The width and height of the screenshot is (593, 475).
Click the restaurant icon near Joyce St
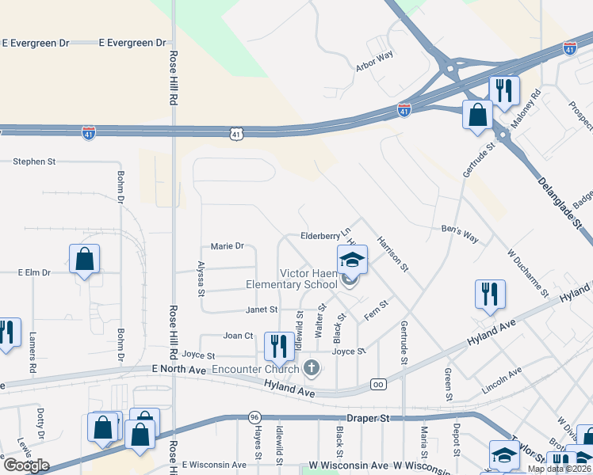[277, 346]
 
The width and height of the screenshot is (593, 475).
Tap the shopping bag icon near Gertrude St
[478, 115]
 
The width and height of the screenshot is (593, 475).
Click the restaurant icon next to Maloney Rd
[503, 91]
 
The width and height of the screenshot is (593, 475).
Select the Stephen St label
[34, 161]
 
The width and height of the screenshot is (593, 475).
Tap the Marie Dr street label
[227, 246]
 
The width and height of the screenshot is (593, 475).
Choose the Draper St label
[369, 417]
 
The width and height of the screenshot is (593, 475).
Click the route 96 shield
[254, 417]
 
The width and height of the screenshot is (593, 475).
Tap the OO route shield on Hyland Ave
[378, 386]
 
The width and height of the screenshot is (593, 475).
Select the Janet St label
[262, 310]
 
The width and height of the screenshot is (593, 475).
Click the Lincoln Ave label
[501, 381]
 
